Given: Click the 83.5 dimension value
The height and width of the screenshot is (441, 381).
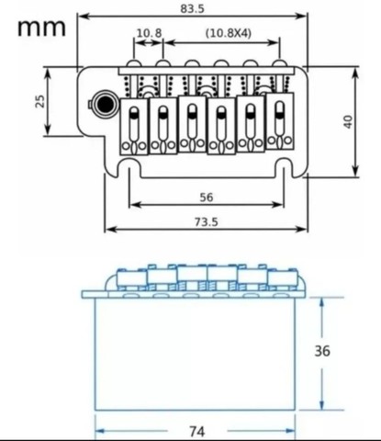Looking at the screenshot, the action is click(x=192, y=8).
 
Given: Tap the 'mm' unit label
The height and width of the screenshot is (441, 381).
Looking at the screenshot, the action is click(x=41, y=28).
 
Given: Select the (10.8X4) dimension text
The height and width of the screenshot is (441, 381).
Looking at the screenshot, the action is click(x=229, y=32).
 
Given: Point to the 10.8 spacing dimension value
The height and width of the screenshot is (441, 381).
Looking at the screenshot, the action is click(x=149, y=33).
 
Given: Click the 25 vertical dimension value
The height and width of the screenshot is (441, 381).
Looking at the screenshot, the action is click(x=40, y=101).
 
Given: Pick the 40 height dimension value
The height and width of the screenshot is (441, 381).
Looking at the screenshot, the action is click(x=348, y=121).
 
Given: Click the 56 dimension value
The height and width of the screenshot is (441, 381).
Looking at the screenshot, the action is click(x=207, y=198).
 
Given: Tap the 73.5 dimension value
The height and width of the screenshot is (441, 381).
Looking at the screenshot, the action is click(x=207, y=221).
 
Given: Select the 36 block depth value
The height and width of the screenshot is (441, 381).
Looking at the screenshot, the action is click(x=322, y=351).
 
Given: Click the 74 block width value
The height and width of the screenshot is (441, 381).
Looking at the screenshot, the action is click(x=197, y=432).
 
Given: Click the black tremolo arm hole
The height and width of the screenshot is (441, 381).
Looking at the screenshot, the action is click(x=106, y=104).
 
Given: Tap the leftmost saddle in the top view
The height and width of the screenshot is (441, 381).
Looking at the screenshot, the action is click(x=134, y=127).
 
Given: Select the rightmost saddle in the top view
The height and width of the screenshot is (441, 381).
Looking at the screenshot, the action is click(x=280, y=121).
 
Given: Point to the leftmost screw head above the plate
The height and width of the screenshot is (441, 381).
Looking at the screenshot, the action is click(x=134, y=63).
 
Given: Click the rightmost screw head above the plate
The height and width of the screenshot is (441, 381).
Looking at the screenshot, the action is click(x=280, y=63).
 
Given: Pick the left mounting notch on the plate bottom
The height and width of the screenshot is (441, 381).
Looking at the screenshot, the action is click(x=129, y=168).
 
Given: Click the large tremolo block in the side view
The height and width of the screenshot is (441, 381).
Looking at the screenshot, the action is click(x=195, y=354).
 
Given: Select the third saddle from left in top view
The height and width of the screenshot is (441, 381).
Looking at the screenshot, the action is click(x=192, y=124).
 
